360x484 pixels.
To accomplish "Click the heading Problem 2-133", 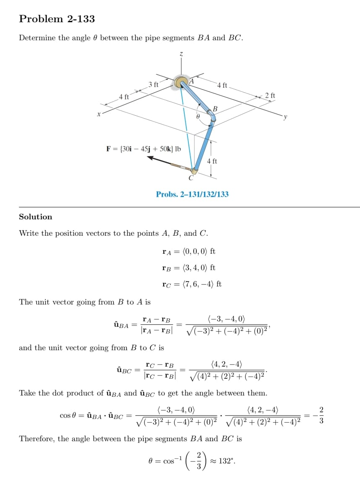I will [57, 19].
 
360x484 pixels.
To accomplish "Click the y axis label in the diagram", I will [285, 118].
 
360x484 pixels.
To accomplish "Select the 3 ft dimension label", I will [154, 84].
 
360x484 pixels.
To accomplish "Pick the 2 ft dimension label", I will [271, 96].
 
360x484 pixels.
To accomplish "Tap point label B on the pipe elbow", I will [215, 109].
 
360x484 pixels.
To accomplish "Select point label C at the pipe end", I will [190, 178].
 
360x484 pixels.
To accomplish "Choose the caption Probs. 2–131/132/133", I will [192, 194].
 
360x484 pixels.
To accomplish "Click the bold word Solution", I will [36, 217].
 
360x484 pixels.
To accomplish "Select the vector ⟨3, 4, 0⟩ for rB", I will [196, 268].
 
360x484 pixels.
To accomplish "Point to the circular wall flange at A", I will [182, 82].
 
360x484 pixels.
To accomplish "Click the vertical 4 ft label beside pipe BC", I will [212, 161].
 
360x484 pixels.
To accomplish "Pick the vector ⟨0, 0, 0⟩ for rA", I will [196, 252].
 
